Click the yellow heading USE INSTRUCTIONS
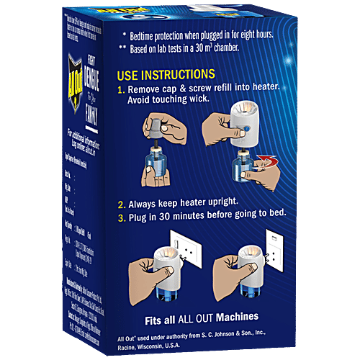pos(166,75)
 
